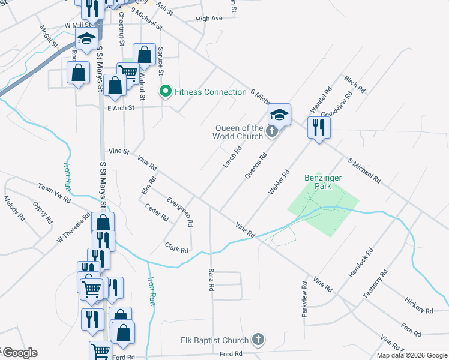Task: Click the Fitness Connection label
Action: [210, 92]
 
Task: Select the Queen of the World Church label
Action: [238, 132]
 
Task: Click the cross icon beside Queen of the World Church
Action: [272, 131]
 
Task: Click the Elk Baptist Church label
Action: [215, 340]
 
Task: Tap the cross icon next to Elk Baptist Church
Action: [258, 340]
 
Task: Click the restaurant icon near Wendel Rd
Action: [318, 127]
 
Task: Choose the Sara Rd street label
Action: [211, 280]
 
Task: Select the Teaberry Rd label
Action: [375, 284]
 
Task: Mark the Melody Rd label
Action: [14, 208]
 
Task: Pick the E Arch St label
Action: [121, 108]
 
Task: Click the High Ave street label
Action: [209, 19]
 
